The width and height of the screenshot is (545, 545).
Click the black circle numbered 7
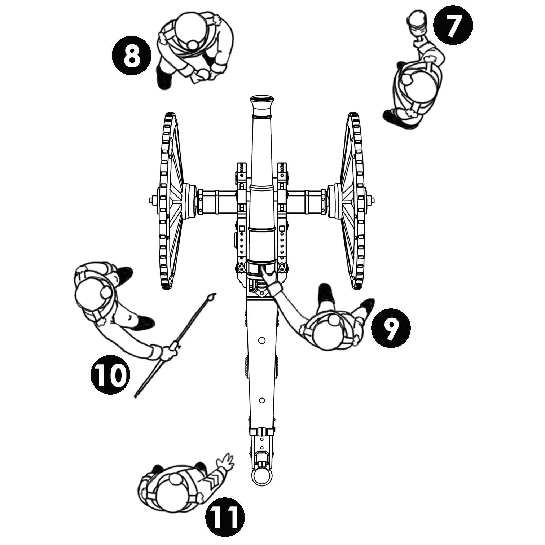coord(453,26)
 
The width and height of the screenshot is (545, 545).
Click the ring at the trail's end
coord(261,477)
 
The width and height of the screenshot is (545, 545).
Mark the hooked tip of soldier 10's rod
coord(212,297)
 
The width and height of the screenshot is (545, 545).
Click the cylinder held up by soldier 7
coord(417,22)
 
